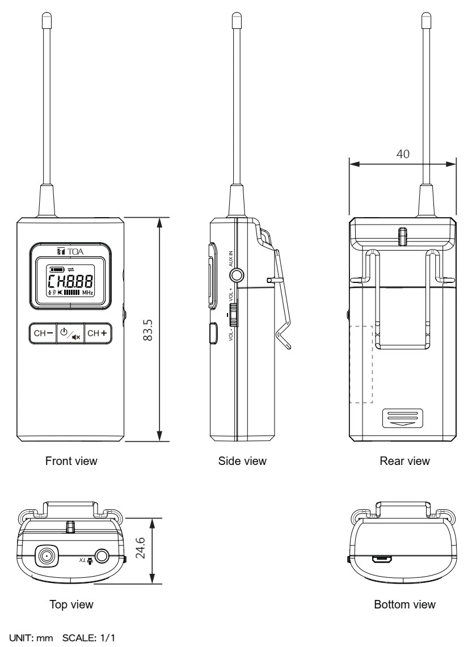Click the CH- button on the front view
pos(43,333)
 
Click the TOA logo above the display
pos(70,250)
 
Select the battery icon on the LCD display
pos(57,269)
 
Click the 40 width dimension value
pos(402,154)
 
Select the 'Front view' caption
pos(71,461)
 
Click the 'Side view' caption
pos(242,461)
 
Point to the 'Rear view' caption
pos(404,461)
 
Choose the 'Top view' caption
pos(71,604)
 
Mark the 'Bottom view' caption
pos(405,604)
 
